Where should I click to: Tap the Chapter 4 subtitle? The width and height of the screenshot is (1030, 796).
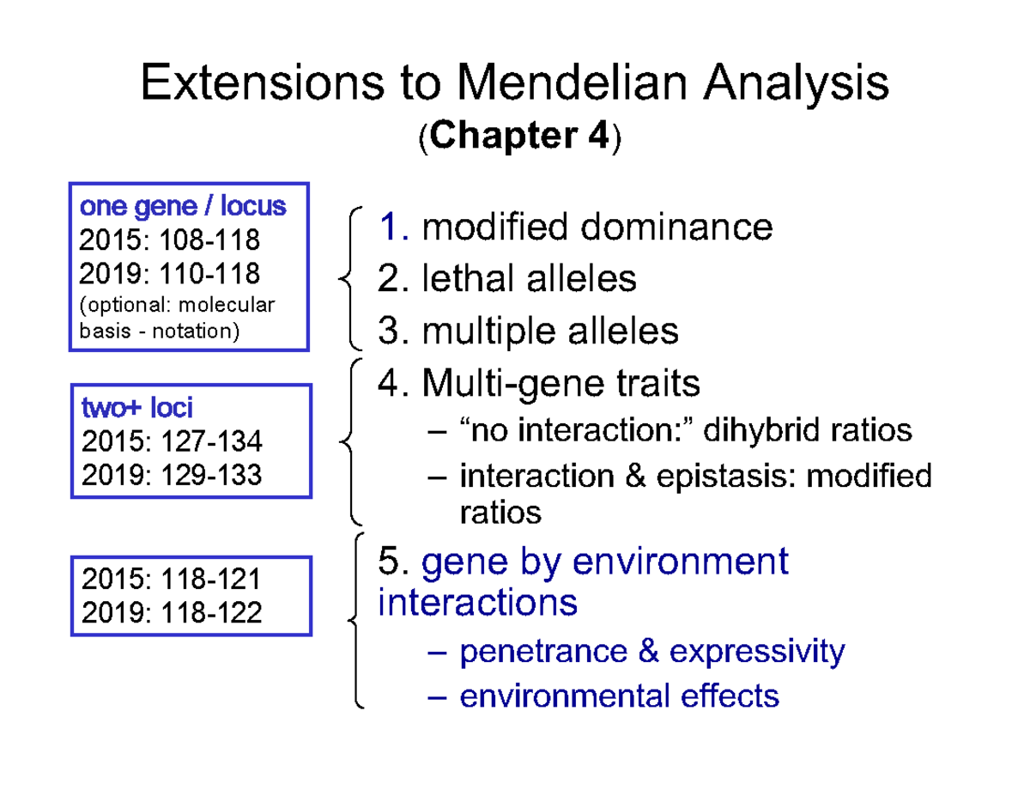(x=517, y=137)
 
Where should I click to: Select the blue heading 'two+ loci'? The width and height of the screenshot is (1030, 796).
(x=136, y=407)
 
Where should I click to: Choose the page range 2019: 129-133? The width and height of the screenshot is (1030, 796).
(x=172, y=474)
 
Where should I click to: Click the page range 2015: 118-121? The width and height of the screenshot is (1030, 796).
(x=171, y=580)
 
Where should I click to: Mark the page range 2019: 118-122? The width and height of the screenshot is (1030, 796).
(x=171, y=612)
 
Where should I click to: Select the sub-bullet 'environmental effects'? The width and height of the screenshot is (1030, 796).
(x=619, y=695)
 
